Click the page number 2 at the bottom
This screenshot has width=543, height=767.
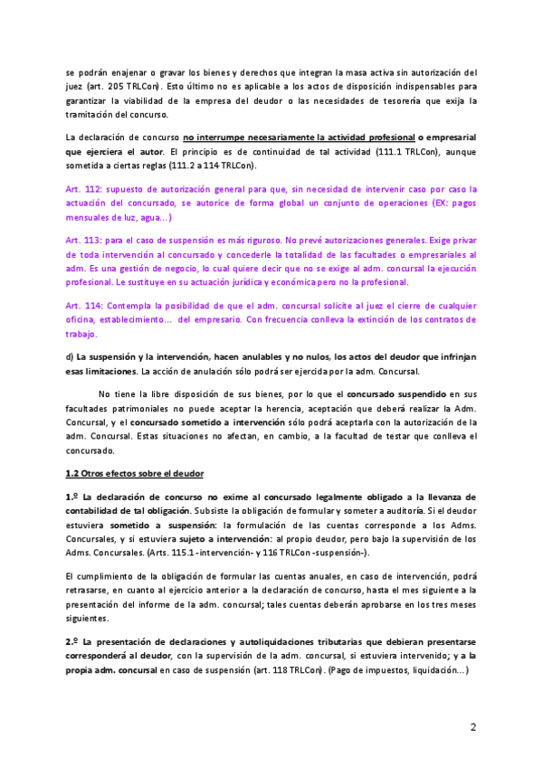click(472, 726)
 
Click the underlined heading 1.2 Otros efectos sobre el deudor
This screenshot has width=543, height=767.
click(135, 474)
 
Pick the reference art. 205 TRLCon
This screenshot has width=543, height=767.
click(111, 86)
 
